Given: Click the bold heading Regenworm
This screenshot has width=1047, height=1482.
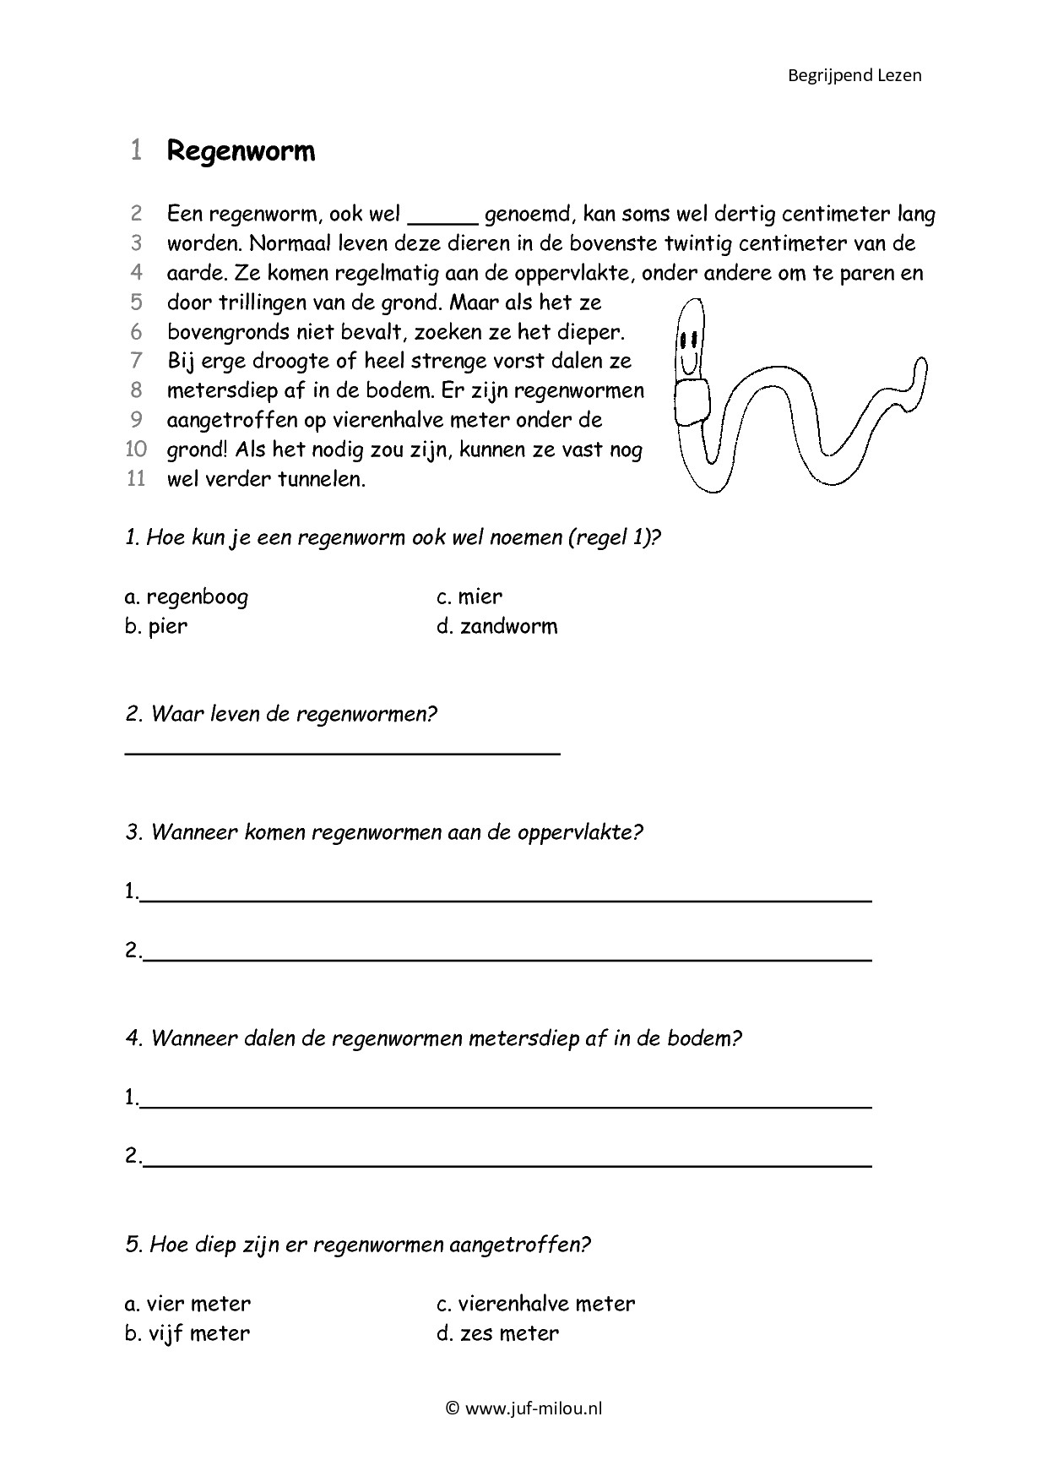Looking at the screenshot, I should (x=241, y=151).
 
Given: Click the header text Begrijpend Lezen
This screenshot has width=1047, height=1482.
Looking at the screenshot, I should (x=854, y=75).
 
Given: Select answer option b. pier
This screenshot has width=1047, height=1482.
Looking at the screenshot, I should (x=156, y=626).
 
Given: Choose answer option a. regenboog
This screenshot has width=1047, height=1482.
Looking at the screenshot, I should (x=187, y=597).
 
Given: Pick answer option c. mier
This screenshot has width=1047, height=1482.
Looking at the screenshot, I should (x=469, y=597).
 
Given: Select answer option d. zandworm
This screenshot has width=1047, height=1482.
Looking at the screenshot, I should (x=497, y=626).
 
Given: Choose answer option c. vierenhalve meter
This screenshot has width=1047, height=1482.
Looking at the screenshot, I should (x=535, y=1304).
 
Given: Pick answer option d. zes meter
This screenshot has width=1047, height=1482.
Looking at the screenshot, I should (x=497, y=1333).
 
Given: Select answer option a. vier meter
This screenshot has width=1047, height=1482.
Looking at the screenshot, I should (x=187, y=1304).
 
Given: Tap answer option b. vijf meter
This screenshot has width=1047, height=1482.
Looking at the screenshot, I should (x=187, y=1333).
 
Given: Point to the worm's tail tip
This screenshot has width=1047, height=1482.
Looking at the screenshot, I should (x=919, y=365).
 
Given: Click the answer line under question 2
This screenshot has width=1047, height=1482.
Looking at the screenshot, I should (x=342, y=751).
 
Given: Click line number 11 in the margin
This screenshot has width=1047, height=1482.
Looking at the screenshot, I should (x=136, y=479).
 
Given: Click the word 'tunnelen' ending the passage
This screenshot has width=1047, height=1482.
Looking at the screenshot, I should (x=324, y=479).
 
